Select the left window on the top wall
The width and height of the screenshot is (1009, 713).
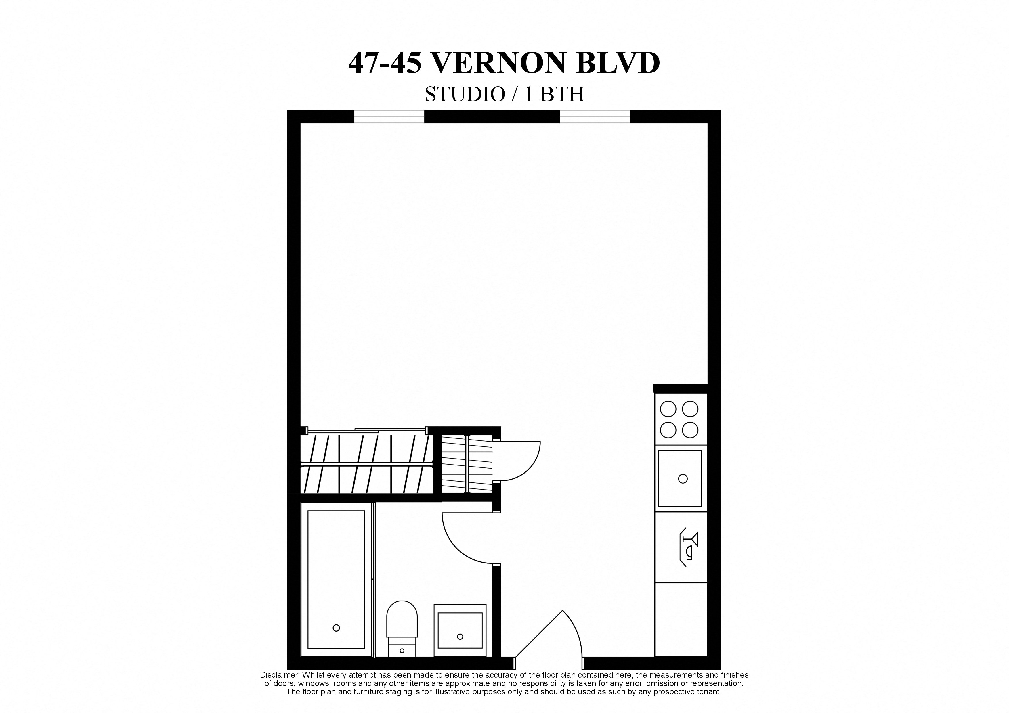389,116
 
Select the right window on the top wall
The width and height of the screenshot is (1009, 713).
595,116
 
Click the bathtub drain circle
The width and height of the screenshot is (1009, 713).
336,628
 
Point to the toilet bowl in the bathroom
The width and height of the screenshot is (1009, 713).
402,618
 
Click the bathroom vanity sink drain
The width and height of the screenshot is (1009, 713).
460,637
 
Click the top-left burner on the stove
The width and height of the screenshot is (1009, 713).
668,409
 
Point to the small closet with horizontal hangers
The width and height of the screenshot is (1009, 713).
467,463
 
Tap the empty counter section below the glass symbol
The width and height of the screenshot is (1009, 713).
681,620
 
